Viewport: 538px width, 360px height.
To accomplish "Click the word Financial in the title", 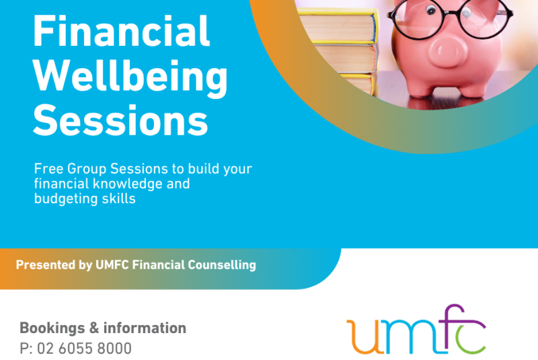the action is pos(121,31).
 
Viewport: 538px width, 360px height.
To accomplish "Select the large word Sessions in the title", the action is pos(120,120).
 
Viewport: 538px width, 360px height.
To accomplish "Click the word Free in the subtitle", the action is pos(48,169).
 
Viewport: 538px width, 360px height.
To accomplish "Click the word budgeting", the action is pos(61,199).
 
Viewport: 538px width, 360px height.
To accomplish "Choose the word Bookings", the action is pos(52,328).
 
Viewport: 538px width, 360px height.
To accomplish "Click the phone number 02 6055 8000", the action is pos(84,349).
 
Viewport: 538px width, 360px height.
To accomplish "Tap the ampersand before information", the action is pos(94,328).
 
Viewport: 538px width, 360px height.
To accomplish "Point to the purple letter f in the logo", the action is pos(453,328).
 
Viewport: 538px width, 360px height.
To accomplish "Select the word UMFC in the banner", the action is pos(112,265).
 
